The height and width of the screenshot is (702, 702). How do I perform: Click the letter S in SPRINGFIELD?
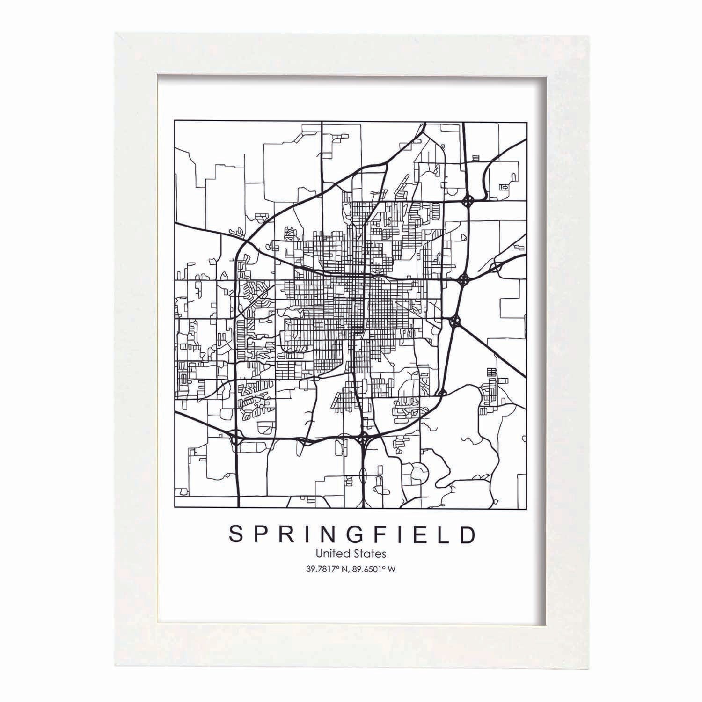pyautogui.click(x=237, y=535)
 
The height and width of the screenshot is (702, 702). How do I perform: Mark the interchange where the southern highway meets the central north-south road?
pyautogui.click(x=364, y=439)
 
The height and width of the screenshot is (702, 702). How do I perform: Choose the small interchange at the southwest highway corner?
pyautogui.click(x=235, y=439)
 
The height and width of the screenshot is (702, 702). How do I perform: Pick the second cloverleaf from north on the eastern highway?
pyautogui.click(x=463, y=280)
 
